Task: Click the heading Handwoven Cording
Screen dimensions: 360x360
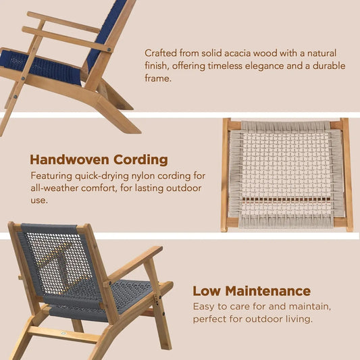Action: (x=99, y=159)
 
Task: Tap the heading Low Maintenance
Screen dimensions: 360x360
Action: (x=251, y=291)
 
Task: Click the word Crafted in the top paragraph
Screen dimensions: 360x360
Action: (x=162, y=52)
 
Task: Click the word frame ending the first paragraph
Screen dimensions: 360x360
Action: (x=160, y=78)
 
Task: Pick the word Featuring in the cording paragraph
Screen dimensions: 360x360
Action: (x=51, y=175)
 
